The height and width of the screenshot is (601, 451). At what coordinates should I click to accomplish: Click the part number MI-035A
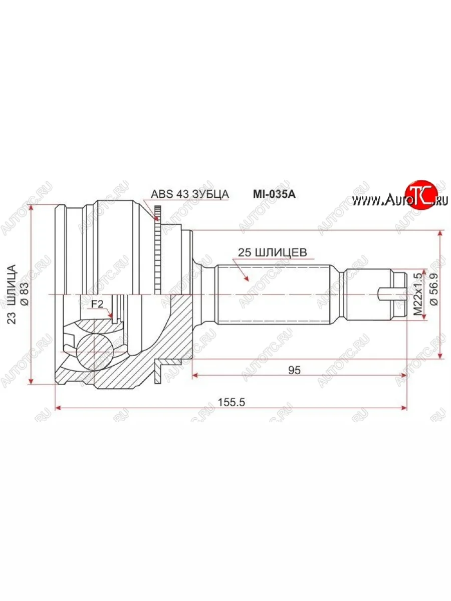pyautogui.click(x=273, y=194)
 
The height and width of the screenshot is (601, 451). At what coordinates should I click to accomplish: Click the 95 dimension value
pyautogui.click(x=294, y=370)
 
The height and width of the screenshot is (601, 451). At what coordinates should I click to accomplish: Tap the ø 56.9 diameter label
pyautogui.click(x=433, y=289)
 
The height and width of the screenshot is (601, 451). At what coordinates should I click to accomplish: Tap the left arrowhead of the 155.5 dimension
pyautogui.click(x=57, y=408)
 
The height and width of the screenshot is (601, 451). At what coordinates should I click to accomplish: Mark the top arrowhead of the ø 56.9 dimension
pyautogui.click(x=440, y=234)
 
